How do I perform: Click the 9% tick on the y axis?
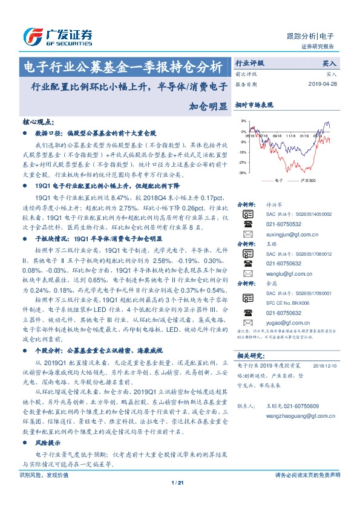point(243,120)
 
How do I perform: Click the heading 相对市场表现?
point(254,105)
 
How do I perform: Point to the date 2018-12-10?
point(325,366)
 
